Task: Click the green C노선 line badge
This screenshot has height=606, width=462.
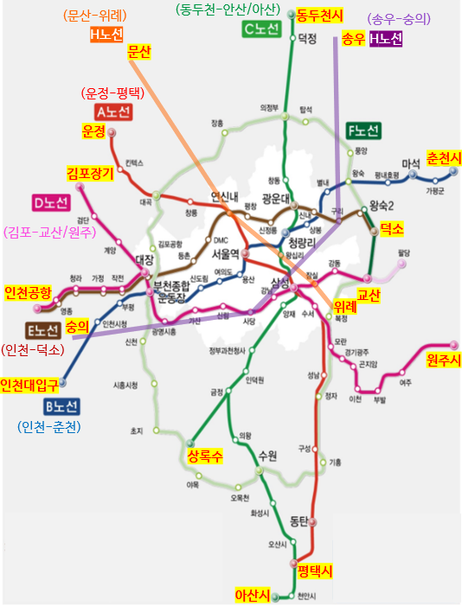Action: tap(261, 29)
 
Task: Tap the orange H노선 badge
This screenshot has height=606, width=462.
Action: tap(106, 35)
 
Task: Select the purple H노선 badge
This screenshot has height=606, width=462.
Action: tap(386, 39)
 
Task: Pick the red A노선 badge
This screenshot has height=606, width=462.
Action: tap(112, 112)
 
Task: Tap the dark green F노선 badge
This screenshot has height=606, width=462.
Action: tap(363, 131)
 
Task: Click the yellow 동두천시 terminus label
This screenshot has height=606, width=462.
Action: tap(319, 15)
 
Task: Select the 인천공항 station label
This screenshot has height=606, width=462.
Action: tap(28, 291)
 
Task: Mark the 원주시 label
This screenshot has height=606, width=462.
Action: tap(444, 360)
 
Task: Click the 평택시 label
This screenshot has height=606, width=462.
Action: tap(316, 571)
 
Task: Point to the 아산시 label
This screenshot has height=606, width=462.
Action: tap(253, 595)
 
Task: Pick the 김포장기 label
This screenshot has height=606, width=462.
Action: tap(90, 174)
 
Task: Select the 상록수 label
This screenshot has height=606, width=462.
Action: tap(205, 456)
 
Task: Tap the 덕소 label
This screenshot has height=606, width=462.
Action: tap(392, 228)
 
